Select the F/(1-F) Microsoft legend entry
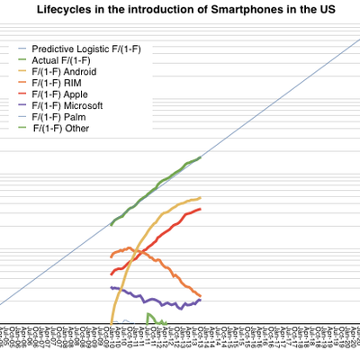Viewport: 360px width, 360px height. (x=67, y=105)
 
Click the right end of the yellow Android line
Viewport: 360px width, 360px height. (x=200, y=197)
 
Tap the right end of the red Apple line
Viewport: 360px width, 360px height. (x=200, y=209)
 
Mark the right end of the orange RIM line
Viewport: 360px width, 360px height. (x=200, y=296)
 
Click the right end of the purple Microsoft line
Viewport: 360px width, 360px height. (x=200, y=299)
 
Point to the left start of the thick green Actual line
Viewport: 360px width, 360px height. (x=111, y=224)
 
